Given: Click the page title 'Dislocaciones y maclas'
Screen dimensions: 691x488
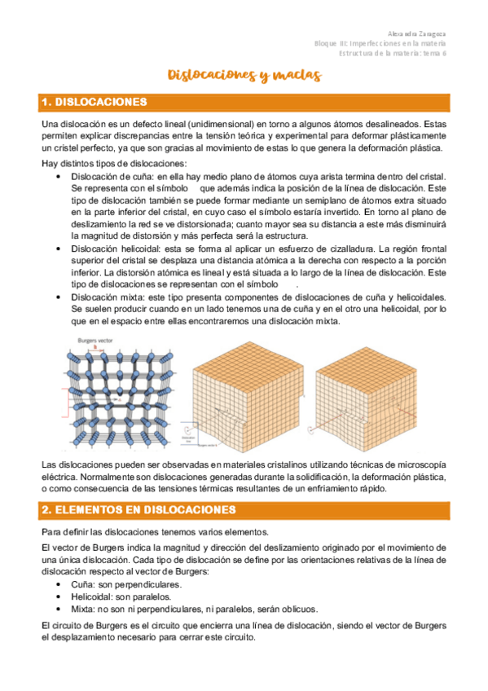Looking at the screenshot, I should click(244, 76).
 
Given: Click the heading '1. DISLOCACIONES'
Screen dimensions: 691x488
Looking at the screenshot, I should click(94, 103).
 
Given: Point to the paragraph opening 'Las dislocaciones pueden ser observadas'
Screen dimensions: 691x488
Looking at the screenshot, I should click(244, 476).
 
